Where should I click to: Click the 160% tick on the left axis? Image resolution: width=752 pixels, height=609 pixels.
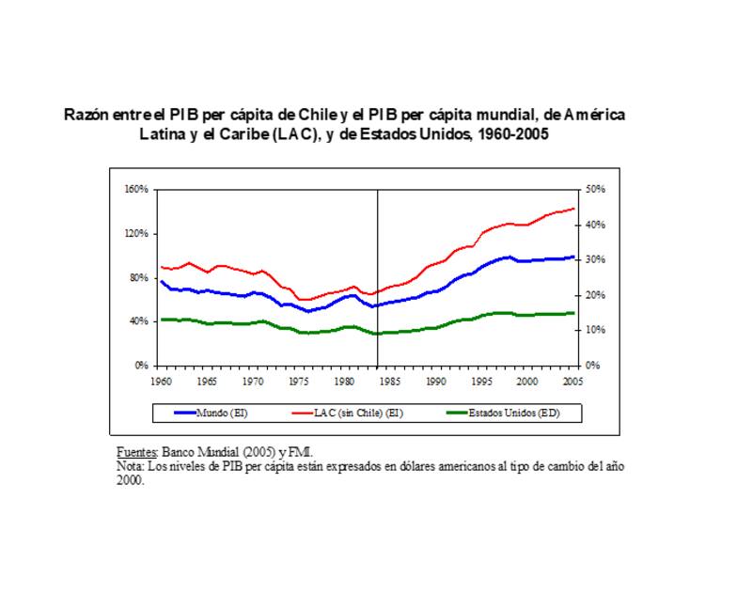[137, 189]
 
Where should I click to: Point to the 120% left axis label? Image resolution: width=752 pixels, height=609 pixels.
[137, 233]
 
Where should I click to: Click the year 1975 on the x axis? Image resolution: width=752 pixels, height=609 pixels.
[299, 382]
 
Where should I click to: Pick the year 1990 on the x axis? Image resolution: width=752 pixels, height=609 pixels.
[435, 382]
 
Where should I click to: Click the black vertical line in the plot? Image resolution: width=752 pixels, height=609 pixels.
[378, 282]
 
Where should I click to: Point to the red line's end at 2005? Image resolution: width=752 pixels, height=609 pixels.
[573, 209]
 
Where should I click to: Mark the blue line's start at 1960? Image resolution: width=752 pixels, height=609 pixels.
[161, 281]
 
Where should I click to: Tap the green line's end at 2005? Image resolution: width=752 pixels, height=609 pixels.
[573, 313]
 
